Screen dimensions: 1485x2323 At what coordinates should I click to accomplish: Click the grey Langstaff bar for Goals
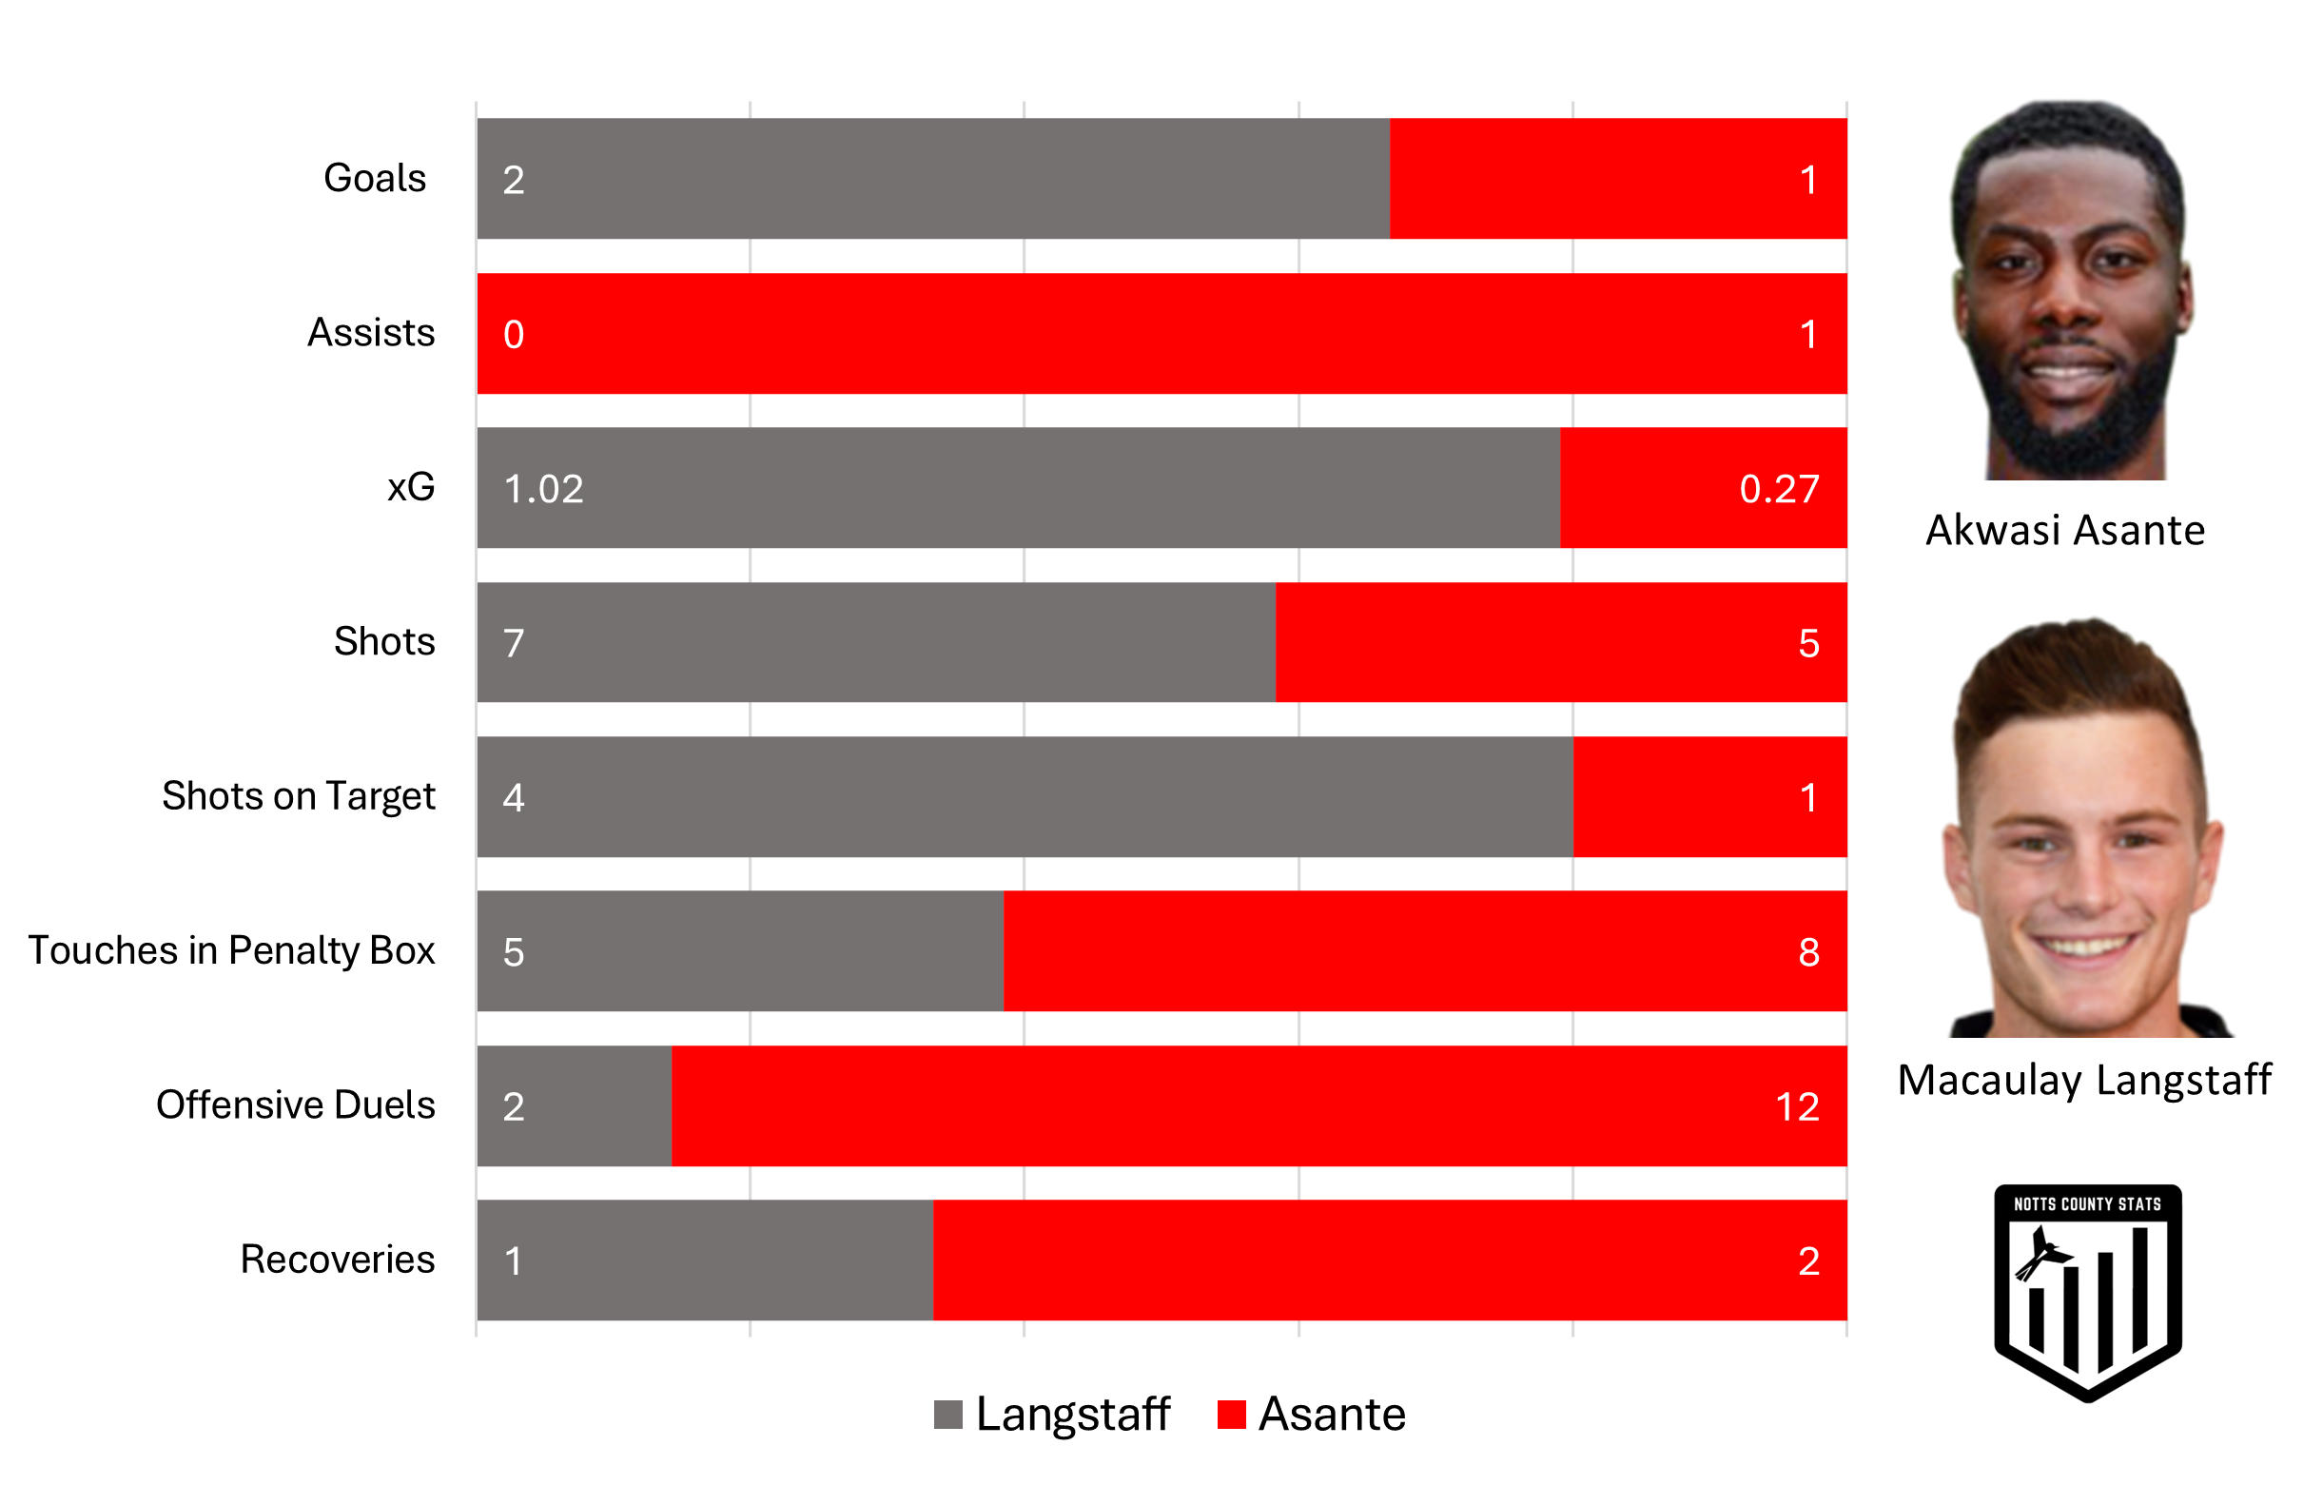tap(933, 179)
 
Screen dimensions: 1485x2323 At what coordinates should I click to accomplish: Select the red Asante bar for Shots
tap(1560, 643)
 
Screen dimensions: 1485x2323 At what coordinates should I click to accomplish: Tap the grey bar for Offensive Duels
tap(574, 1105)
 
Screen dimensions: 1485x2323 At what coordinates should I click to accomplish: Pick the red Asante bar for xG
tap(1703, 488)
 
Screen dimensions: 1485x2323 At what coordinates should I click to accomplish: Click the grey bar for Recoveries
tap(704, 1260)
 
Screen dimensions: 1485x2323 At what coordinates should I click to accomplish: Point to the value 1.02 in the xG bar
tap(543, 489)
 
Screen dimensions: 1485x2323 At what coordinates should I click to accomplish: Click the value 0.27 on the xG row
tap(1778, 489)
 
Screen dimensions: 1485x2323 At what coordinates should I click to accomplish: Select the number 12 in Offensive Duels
tap(1796, 1106)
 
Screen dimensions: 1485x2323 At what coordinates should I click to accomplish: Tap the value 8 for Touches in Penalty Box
tap(1807, 952)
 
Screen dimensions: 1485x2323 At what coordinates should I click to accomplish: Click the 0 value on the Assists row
tap(514, 335)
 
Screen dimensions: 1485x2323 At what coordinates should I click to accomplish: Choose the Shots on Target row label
tap(298, 796)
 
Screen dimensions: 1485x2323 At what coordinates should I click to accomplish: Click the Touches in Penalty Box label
tap(231, 950)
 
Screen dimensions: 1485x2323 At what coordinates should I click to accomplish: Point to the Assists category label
tap(370, 333)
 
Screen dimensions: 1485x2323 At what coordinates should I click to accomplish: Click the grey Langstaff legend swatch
tap(947, 1415)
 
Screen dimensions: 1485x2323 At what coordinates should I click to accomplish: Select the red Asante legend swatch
tap(1231, 1415)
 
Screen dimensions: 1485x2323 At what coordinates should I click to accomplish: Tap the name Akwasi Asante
tap(2064, 531)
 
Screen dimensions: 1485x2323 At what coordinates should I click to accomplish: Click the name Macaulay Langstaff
tap(2083, 1080)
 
